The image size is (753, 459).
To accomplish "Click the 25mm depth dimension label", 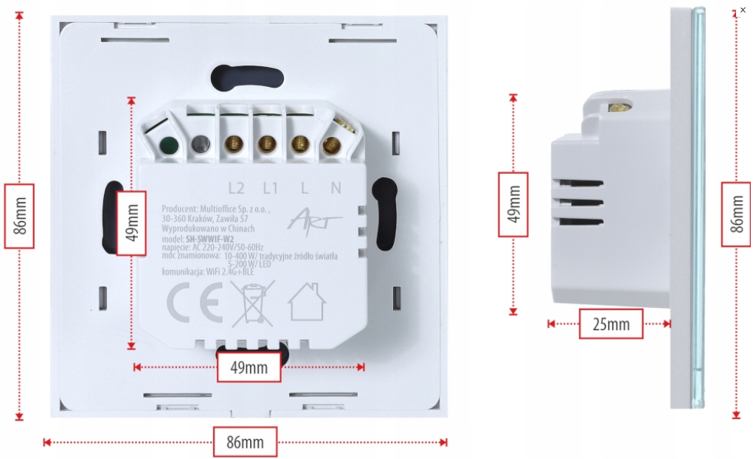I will [611, 323].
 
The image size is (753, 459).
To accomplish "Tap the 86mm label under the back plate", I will [245, 442].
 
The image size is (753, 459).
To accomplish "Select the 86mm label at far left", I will [19, 215].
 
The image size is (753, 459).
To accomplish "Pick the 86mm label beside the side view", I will [737, 214].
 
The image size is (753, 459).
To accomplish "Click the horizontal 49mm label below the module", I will [249, 367].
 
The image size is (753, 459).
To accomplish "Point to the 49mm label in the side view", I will [513, 204].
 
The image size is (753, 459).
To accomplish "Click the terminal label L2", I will [237, 188].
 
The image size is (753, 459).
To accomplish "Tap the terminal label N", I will [336, 188].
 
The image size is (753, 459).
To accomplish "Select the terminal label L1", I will [271, 188].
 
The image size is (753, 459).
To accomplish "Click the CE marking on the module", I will [195, 303].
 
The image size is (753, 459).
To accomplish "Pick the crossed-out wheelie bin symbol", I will [252, 303].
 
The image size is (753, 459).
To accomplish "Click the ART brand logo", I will [305, 219].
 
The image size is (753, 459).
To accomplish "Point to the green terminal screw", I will [169, 145].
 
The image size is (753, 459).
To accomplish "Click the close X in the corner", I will [743, 10].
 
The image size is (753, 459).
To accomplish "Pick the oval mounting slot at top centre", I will [246, 76].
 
